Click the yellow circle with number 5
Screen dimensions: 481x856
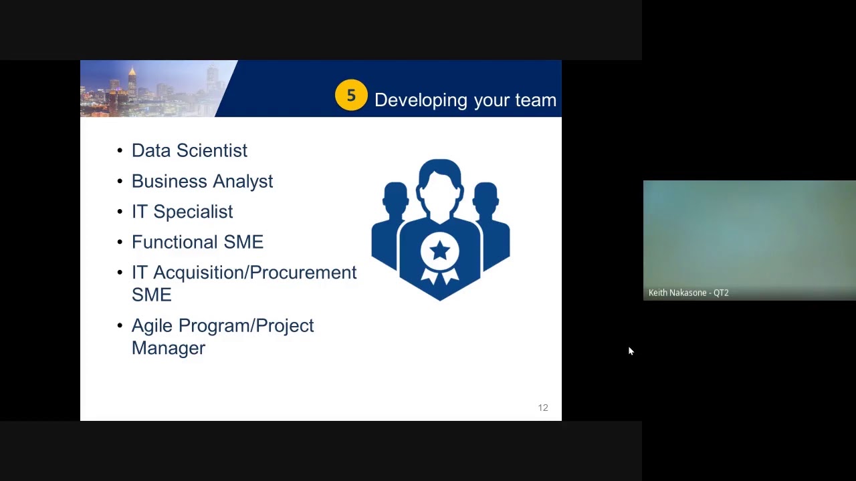point(351,96)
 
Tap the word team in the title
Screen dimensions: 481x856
point(536,100)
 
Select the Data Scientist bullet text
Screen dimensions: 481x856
point(189,151)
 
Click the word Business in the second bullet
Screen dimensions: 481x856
point(169,181)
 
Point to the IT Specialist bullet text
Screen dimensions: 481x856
point(182,212)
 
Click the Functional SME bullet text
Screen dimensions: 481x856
point(197,242)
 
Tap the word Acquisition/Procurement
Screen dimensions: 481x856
point(255,273)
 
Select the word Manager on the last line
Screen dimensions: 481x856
point(169,348)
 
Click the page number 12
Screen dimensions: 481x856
point(543,408)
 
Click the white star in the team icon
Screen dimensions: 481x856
point(440,251)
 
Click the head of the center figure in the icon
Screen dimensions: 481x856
point(440,180)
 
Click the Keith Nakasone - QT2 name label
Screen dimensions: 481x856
point(688,293)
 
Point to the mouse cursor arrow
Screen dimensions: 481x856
point(630,351)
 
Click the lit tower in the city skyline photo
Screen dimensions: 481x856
point(132,83)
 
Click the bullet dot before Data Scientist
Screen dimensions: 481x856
point(120,151)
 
